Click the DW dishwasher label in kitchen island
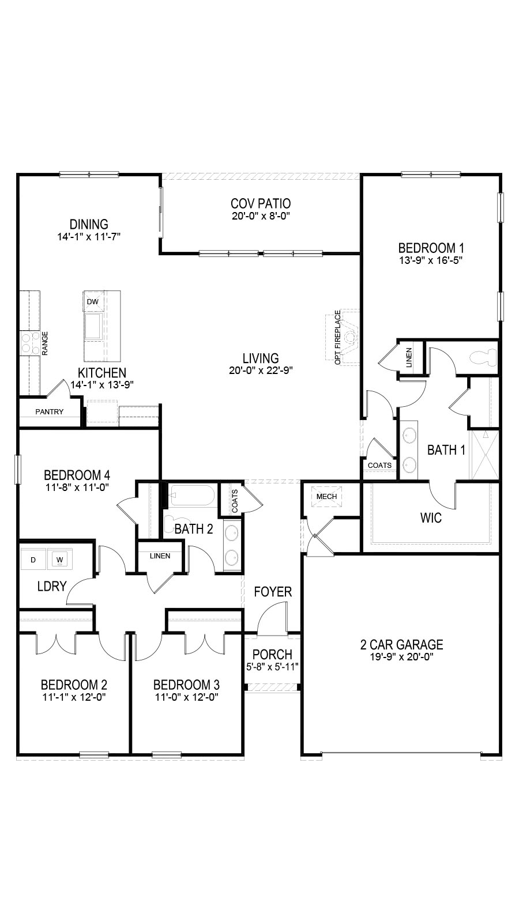tap(93, 302)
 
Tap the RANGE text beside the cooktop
tap(46, 343)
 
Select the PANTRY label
tap(50, 411)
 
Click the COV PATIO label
tap(261, 203)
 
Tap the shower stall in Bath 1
tap(485, 455)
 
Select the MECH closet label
tap(326, 497)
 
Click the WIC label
tap(431, 518)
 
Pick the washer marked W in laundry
tap(60, 560)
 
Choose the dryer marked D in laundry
tap(34, 560)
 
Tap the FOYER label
tap(273, 592)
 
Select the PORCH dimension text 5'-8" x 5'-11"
tap(272, 666)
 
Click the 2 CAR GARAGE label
tap(401, 645)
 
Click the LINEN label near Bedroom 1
tap(409, 358)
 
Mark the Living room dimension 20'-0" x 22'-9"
tap(261, 371)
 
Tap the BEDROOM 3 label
tap(186, 685)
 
